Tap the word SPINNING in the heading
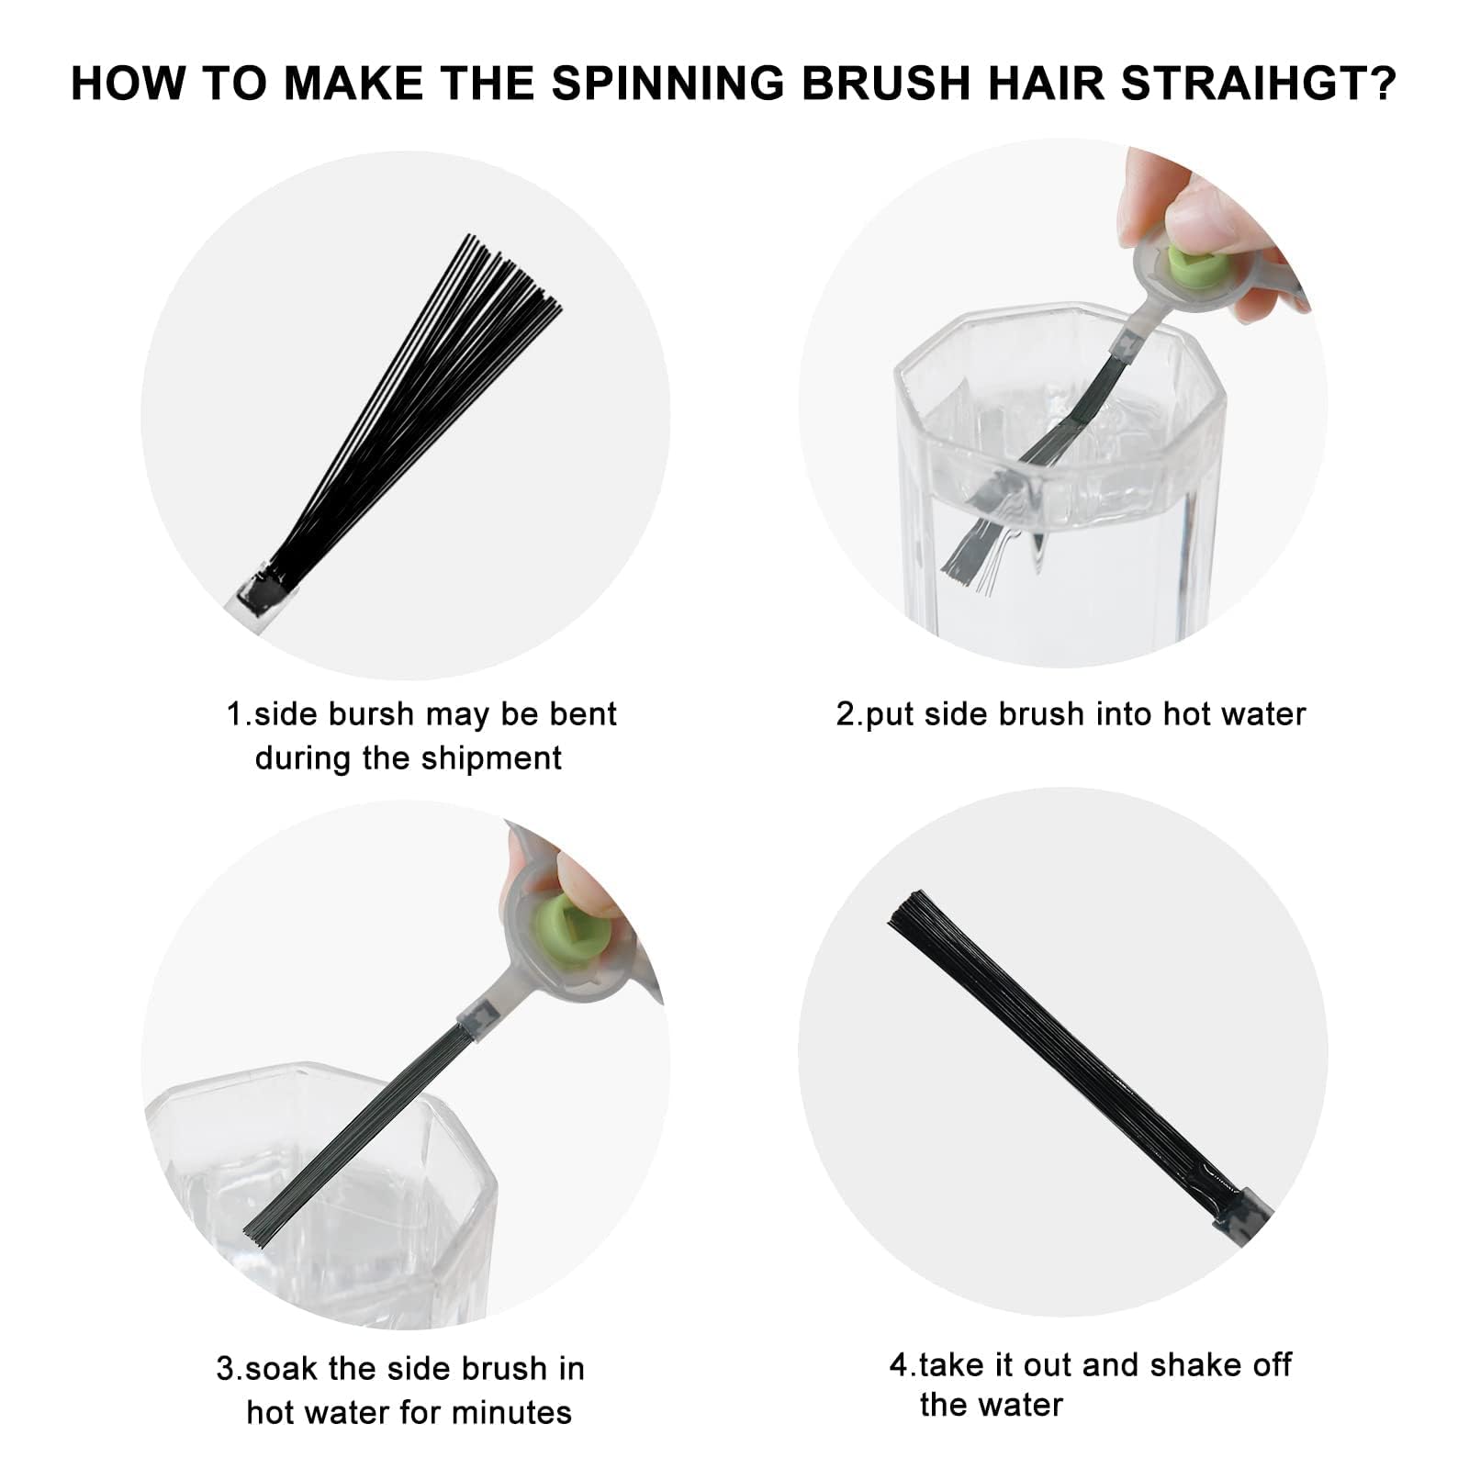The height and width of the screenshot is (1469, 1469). (x=668, y=84)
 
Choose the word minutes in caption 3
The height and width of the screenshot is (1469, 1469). (x=510, y=1412)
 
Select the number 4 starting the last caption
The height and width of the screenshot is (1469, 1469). (x=898, y=1365)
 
